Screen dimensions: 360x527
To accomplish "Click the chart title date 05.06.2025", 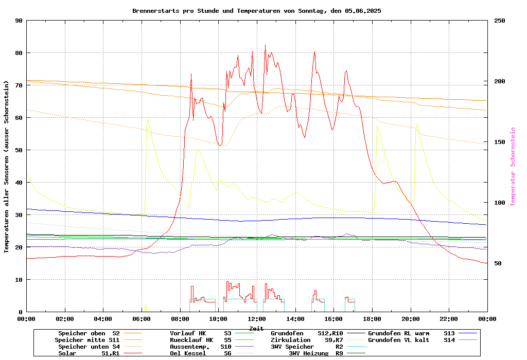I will (363, 11).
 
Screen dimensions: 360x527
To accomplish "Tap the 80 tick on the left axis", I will (19, 53).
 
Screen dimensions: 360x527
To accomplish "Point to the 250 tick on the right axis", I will (500, 21).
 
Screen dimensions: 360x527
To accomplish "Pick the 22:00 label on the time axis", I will (449, 319).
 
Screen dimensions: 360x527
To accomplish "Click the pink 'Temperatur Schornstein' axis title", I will (513, 167).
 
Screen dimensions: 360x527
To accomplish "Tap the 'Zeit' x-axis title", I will (256, 328).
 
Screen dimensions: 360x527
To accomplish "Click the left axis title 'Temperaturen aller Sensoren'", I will (7, 167).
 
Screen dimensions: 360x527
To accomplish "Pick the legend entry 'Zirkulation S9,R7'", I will (307, 340).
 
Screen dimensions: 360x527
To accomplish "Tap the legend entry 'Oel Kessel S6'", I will (201, 353).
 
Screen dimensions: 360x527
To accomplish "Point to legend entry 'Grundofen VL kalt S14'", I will (411, 340).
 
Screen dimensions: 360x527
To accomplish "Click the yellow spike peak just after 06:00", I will (148, 120).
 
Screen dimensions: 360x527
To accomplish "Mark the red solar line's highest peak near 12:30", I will (266, 45).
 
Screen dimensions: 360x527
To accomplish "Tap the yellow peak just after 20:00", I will (417, 123).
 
